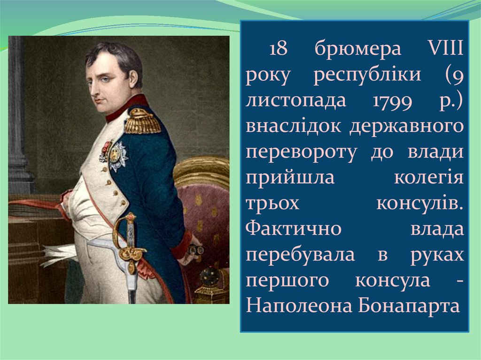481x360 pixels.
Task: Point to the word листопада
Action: tap(295, 100)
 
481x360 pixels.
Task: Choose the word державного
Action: tap(406, 127)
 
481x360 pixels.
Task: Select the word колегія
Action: tap(429, 177)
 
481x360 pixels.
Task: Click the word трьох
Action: tap(272, 204)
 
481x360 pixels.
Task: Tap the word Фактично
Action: tap(294, 229)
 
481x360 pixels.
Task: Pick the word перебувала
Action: tap(300, 255)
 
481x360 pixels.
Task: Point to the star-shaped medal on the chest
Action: tap(117, 156)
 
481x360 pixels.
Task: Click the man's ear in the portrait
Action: tap(133, 79)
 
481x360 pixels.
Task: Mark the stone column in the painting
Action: tap(19, 116)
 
